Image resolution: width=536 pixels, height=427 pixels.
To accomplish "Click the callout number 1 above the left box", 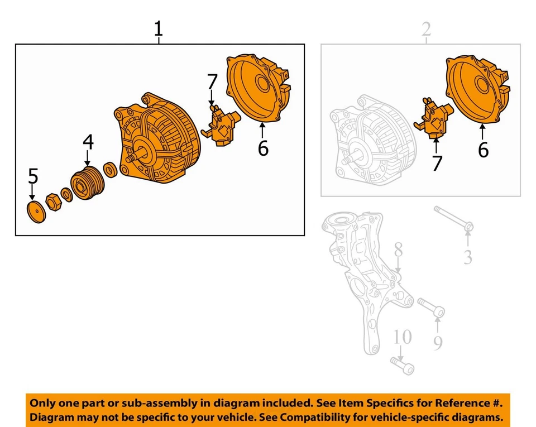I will [159, 28].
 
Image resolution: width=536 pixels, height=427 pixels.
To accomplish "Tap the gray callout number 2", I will [427, 29].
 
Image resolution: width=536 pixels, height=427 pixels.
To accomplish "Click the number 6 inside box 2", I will [484, 150].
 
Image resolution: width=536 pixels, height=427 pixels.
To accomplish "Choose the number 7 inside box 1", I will [212, 82].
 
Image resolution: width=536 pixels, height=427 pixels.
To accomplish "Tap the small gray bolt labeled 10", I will [403, 365].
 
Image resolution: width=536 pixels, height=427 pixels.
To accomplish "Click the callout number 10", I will [402, 337].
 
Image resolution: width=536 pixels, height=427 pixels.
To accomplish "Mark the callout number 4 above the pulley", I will [88, 142].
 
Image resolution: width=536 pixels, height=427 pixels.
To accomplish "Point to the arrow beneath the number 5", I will [33, 194].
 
